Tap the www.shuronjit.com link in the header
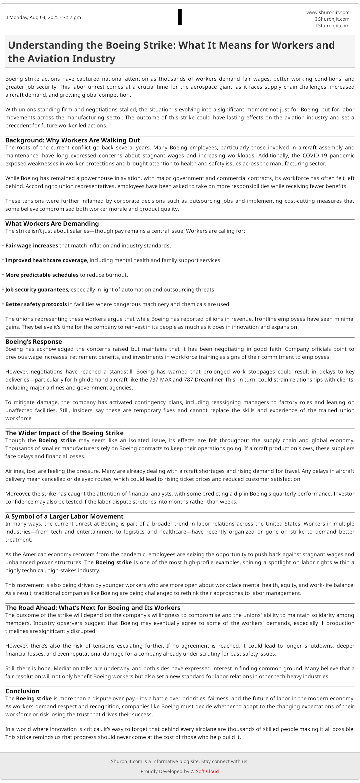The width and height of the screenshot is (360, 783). (328, 12)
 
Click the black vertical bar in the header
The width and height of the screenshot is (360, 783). (180, 17)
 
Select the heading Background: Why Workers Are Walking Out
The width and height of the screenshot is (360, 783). (72, 140)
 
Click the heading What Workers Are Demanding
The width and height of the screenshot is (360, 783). (52, 223)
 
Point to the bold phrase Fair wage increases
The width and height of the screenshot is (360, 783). (32, 245)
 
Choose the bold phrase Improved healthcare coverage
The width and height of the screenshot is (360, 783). (46, 260)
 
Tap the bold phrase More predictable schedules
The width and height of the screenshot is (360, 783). (42, 275)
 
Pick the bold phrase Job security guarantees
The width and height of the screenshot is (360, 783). (37, 289)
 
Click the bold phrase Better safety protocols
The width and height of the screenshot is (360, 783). (36, 304)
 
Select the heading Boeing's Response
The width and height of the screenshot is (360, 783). (34, 341)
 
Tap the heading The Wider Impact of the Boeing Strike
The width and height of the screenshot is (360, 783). (64, 433)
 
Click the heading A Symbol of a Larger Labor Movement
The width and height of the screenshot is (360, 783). (64, 516)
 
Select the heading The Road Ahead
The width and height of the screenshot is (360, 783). (93, 608)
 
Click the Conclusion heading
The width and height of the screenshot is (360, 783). (22, 691)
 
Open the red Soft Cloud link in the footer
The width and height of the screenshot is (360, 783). (207, 771)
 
